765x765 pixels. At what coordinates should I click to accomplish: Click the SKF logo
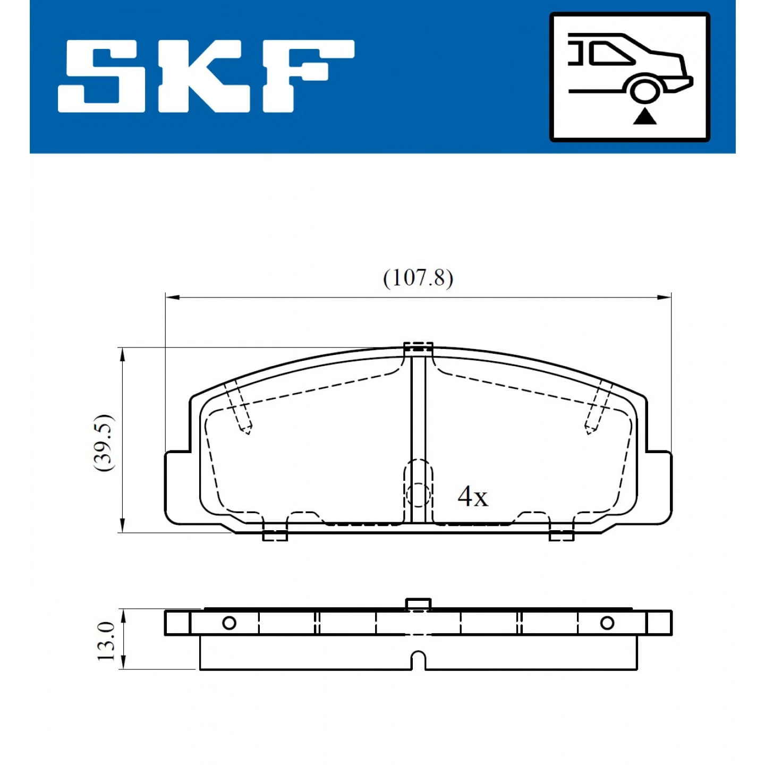coord(206,76)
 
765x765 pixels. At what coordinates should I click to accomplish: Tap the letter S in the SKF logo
coord(101,76)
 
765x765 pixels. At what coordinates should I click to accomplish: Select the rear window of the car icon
coord(610,53)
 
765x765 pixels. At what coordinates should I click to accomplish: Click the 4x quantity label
coord(472,496)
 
